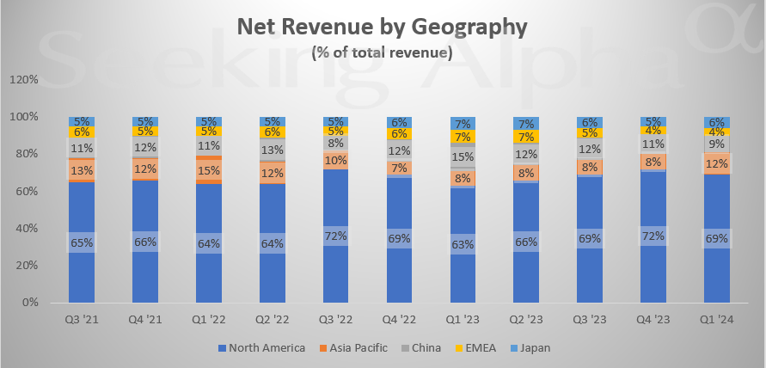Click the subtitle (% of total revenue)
(382, 52)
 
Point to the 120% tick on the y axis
(24, 79)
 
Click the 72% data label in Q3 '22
(335, 234)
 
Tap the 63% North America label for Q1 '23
(463, 242)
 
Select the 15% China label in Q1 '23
(463, 156)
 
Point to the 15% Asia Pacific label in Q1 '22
(208, 170)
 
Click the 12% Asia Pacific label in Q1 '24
(717, 163)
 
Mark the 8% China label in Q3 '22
(335, 144)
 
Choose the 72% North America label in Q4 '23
(653, 234)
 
